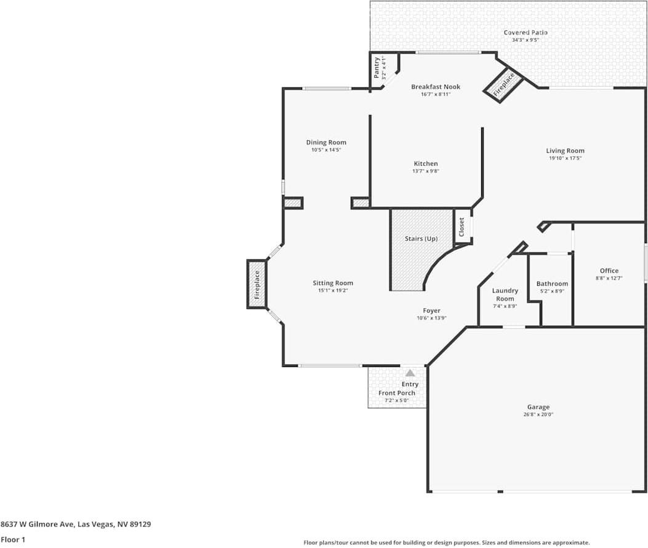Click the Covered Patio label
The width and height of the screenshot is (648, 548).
tap(526, 32)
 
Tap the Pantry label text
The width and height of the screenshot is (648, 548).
tap(377, 68)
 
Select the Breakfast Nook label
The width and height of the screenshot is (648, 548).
tap(436, 87)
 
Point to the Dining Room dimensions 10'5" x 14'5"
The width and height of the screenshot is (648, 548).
tap(326, 150)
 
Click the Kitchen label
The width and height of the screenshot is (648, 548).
tap(426, 164)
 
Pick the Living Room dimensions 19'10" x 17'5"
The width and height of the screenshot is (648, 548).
tap(565, 158)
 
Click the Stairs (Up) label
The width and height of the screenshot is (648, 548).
tap(421, 239)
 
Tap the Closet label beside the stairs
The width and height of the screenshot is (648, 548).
tap(462, 227)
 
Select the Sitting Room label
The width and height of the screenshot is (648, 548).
tap(333, 283)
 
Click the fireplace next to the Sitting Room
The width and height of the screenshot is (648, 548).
tap(257, 284)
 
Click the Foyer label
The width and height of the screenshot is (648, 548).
tap(431, 310)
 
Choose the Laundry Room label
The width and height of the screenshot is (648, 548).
tap(505, 294)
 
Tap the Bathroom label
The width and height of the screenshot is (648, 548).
tap(552, 284)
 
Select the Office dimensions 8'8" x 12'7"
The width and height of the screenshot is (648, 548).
tap(609, 278)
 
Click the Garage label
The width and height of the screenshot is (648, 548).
tap(538, 407)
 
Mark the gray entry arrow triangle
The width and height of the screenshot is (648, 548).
tap(410, 373)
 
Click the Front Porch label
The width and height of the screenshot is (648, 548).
tap(397, 393)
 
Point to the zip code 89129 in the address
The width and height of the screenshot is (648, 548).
tap(140, 524)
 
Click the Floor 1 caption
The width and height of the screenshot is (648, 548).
tap(13, 539)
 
